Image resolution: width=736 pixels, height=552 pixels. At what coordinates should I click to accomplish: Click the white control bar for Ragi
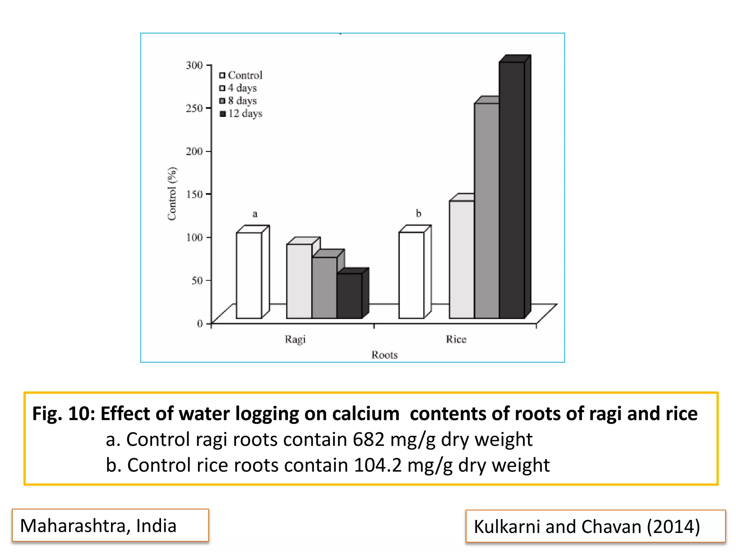point(249,275)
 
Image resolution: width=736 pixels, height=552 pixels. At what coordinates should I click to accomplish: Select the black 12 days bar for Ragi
point(349,295)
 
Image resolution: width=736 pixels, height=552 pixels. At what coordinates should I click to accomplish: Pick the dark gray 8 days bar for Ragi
point(324,287)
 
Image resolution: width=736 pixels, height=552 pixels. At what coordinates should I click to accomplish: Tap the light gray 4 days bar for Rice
point(461,259)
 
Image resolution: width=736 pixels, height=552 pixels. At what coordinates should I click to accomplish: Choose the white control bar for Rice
point(411,275)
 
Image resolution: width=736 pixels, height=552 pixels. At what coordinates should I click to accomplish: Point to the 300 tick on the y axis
point(194,65)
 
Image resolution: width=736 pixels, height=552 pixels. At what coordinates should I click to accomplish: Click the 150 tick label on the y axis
point(194,194)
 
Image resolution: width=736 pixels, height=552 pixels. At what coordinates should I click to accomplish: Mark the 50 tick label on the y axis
point(197,280)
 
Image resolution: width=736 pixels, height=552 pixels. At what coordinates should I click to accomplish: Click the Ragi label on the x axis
point(295,339)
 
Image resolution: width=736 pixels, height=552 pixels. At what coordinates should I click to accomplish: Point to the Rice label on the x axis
point(456,339)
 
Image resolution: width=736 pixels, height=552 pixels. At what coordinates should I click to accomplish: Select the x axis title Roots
point(385,355)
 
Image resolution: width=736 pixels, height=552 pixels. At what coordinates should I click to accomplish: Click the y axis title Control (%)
point(172,194)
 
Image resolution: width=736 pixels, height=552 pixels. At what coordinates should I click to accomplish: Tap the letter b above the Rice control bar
point(418,213)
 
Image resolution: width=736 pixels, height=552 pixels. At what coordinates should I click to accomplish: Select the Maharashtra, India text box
point(110,525)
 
